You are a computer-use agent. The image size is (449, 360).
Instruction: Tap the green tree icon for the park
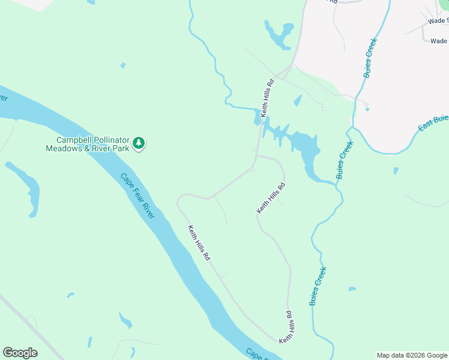click(x=139, y=143)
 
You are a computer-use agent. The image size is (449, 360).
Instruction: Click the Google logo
click(x=20, y=353)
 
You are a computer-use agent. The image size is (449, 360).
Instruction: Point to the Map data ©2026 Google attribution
click(x=412, y=355)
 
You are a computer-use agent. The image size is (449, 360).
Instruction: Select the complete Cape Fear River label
click(x=137, y=196)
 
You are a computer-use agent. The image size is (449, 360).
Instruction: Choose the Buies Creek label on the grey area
click(x=369, y=58)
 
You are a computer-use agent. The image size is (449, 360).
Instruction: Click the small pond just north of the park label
click(x=123, y=65)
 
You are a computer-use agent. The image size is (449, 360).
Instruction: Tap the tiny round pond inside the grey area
click(x=367, y=109)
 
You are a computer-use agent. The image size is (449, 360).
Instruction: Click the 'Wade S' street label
click(x=438, y=20)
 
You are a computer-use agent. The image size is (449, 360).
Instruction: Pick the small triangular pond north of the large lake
click(x=298, y=101)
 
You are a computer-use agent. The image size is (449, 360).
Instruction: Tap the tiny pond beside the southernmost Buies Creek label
click(x=352, y=289)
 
